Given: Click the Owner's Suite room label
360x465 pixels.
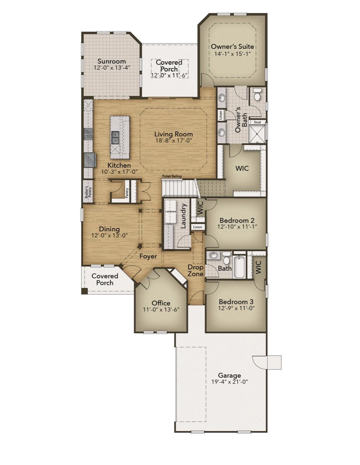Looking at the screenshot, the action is click(232, 47).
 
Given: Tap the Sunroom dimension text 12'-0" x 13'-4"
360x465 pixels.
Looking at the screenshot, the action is click(112, 68).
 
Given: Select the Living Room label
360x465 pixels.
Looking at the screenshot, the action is click(174, 134).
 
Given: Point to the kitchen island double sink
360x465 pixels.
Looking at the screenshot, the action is click(115, 138).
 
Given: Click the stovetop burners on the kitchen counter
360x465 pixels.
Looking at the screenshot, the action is click(88, 134).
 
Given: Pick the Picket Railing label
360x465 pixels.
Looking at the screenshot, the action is click(172, 176).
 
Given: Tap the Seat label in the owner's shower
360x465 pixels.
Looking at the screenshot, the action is click(257, 122).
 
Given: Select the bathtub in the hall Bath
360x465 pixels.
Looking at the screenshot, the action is click(239, 266).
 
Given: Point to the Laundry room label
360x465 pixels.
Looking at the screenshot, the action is click(184, 216).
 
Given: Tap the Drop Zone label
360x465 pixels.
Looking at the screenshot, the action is click(195, 271).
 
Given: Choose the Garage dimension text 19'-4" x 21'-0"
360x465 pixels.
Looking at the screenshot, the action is click(229, 382).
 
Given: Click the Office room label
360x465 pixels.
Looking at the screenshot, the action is click(161, 303).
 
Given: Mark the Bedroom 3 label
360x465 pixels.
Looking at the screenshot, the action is click(236, 302).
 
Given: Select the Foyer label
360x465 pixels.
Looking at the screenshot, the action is click(148, 256).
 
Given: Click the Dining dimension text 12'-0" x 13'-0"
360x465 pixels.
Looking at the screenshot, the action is click(109, 235).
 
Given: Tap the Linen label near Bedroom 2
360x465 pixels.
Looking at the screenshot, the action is click(198, 227).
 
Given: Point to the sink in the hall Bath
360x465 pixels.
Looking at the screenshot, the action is click(214, 256).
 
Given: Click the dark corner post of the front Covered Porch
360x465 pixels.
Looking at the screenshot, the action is click(85, 291).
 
